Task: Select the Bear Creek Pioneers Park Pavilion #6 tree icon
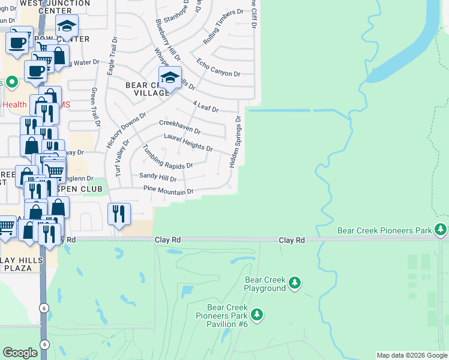pos(257,314)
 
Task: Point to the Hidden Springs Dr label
pos(235,142)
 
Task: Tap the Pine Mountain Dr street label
pos(169,191)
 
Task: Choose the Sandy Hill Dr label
pos(158,178)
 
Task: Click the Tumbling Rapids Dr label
pos(167,159)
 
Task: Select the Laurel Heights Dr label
pos(188,143)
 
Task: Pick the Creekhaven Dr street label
pos(179,127)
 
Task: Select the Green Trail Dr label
pos(95,107)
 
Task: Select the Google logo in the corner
pos(20,353)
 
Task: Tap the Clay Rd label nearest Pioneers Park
pos(292,240)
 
